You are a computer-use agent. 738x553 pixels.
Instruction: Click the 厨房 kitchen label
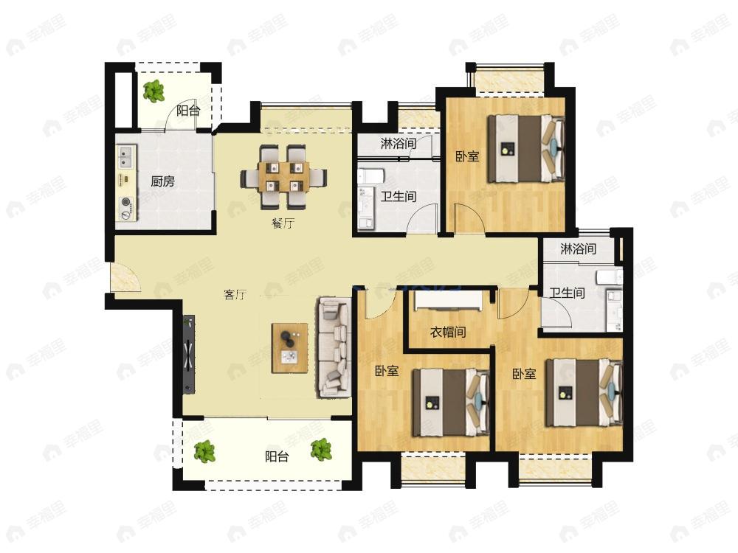(162, 181)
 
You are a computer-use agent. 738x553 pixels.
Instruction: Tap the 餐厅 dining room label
(283, 223)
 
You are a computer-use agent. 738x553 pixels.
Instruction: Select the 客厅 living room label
(235, 295)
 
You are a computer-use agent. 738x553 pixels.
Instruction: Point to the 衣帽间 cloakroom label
(448, 332)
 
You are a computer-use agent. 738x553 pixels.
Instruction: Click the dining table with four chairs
(283, 177)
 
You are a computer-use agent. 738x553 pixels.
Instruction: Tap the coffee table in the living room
(290, 348)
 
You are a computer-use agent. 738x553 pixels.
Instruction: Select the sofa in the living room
(334, 347)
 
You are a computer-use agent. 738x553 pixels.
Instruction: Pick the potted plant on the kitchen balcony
(154, 91)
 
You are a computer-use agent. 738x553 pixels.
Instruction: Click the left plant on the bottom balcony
(204, 451)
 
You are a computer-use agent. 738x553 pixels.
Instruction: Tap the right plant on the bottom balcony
(321, 450)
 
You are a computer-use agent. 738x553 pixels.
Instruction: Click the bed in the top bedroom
(526, 148)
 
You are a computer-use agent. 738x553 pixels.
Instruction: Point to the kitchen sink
(126, 156)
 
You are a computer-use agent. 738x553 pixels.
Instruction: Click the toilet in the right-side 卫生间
(610, 277)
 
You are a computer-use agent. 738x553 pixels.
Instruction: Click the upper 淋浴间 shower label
(399, 143)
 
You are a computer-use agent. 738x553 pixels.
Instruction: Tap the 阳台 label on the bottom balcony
(277, 456)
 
